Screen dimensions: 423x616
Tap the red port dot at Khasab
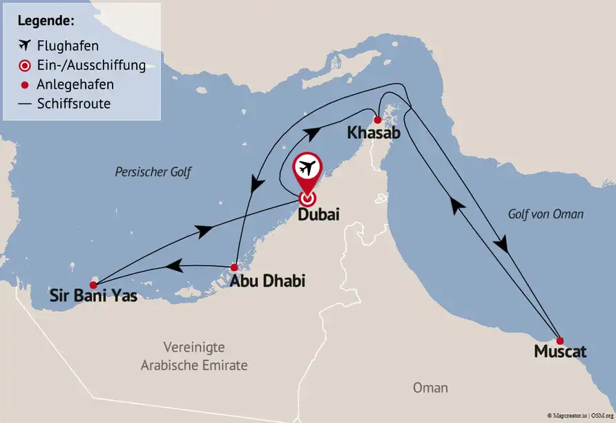click(x=377, y=120)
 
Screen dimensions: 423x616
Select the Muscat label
click(x=560, y=352)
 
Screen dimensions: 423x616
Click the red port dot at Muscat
click(x=560, y=340)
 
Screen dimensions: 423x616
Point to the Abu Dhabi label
click(x=267, y=281)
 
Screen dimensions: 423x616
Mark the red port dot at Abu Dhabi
click(x=234, y=267)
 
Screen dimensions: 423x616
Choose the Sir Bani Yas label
click(x=93, y=297)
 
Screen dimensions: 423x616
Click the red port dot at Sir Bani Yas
click(x=94, y=283)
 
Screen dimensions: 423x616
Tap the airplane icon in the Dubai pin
click(x=307, y=168)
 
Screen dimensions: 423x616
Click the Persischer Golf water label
click(x=153, y=172)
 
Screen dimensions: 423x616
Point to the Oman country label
click(x=430, y=388)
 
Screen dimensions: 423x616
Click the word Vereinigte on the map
click(x=194, y=347)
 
